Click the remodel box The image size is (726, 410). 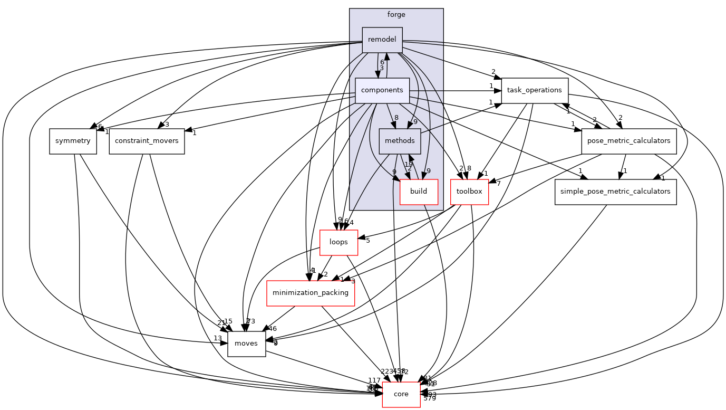click(382, 40)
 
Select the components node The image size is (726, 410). click(382, 90)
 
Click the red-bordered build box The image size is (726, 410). click(419, 191)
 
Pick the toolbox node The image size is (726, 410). click(469, 191)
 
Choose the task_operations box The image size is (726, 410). click(534, 90)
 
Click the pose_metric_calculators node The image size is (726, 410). click(628, 141)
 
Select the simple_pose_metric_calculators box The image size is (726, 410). click(615, 191)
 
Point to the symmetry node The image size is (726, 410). click(73, 141)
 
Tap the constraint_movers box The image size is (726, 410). click(147, 141)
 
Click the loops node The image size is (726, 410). click(338, 242)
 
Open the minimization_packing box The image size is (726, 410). click(311, 292)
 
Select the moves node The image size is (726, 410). click(246, 343)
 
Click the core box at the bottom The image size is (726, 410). click(401, 394)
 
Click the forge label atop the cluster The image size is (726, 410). click(396, 15)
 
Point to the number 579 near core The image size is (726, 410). click(429, 398)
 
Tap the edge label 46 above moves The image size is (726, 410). click(273, 329)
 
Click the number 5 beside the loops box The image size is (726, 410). click(367, 241)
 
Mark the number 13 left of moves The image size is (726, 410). click(217, 338)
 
